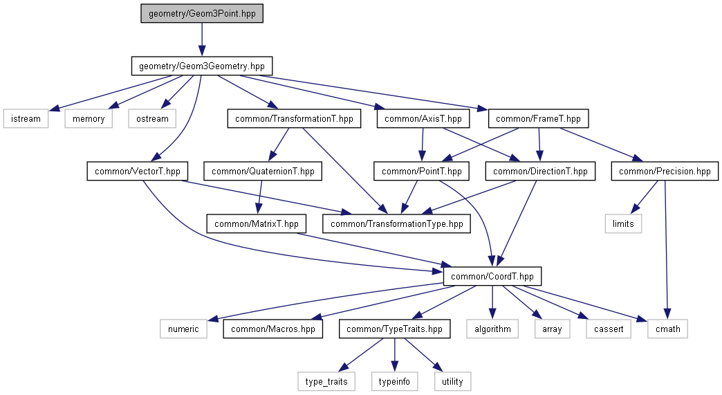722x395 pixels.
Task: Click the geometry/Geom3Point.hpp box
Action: click(x=202, y=14)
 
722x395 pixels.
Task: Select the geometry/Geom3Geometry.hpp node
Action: click(x=202, y=66)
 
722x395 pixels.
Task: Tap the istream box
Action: click(x=26, y=119)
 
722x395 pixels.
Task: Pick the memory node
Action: click(x=89, y=119)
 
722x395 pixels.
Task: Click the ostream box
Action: click(x=152, y=119)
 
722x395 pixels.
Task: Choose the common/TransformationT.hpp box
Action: click(x=294, y=119)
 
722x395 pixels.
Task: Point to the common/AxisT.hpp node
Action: click(x=423, y=119)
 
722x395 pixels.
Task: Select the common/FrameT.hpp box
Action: click(x=538, y=119)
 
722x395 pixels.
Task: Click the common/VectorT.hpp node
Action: click(x=138, y=172)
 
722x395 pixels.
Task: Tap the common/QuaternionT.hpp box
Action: click(x=263, y=172)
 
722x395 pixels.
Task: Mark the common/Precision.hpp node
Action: click(x=665, y=172)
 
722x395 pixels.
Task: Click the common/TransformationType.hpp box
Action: click(x=396, y=223)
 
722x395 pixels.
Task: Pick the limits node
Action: click(x=623, y=223)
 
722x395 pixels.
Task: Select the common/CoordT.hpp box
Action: click(x=492, y=276)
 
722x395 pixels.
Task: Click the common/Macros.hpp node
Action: click(x=273, y=329)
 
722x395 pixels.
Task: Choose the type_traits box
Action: click(x=326, y=381)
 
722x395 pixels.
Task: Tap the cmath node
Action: click(x=667, y=329)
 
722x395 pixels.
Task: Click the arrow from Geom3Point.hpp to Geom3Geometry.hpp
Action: click(x=202, y=40)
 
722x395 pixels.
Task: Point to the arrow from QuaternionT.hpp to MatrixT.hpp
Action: click(x=260, y=198)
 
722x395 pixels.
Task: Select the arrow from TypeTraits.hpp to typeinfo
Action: click(x=394, y=355)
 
